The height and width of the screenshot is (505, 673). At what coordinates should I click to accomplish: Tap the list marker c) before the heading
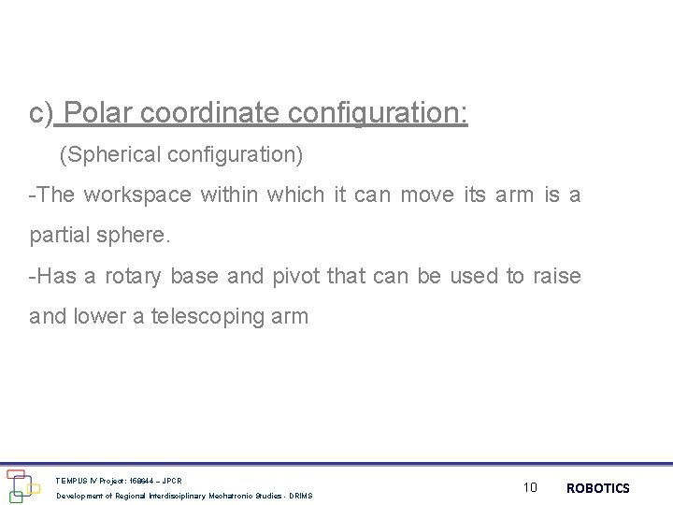coord(42,115)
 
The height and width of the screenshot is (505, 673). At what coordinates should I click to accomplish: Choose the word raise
coord(556,276)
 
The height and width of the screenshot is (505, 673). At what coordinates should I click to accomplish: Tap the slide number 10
coord(531,487)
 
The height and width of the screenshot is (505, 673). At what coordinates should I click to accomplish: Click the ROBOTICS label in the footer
coord(598,487)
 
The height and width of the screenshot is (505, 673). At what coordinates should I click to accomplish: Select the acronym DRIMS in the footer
coord(301,496)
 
